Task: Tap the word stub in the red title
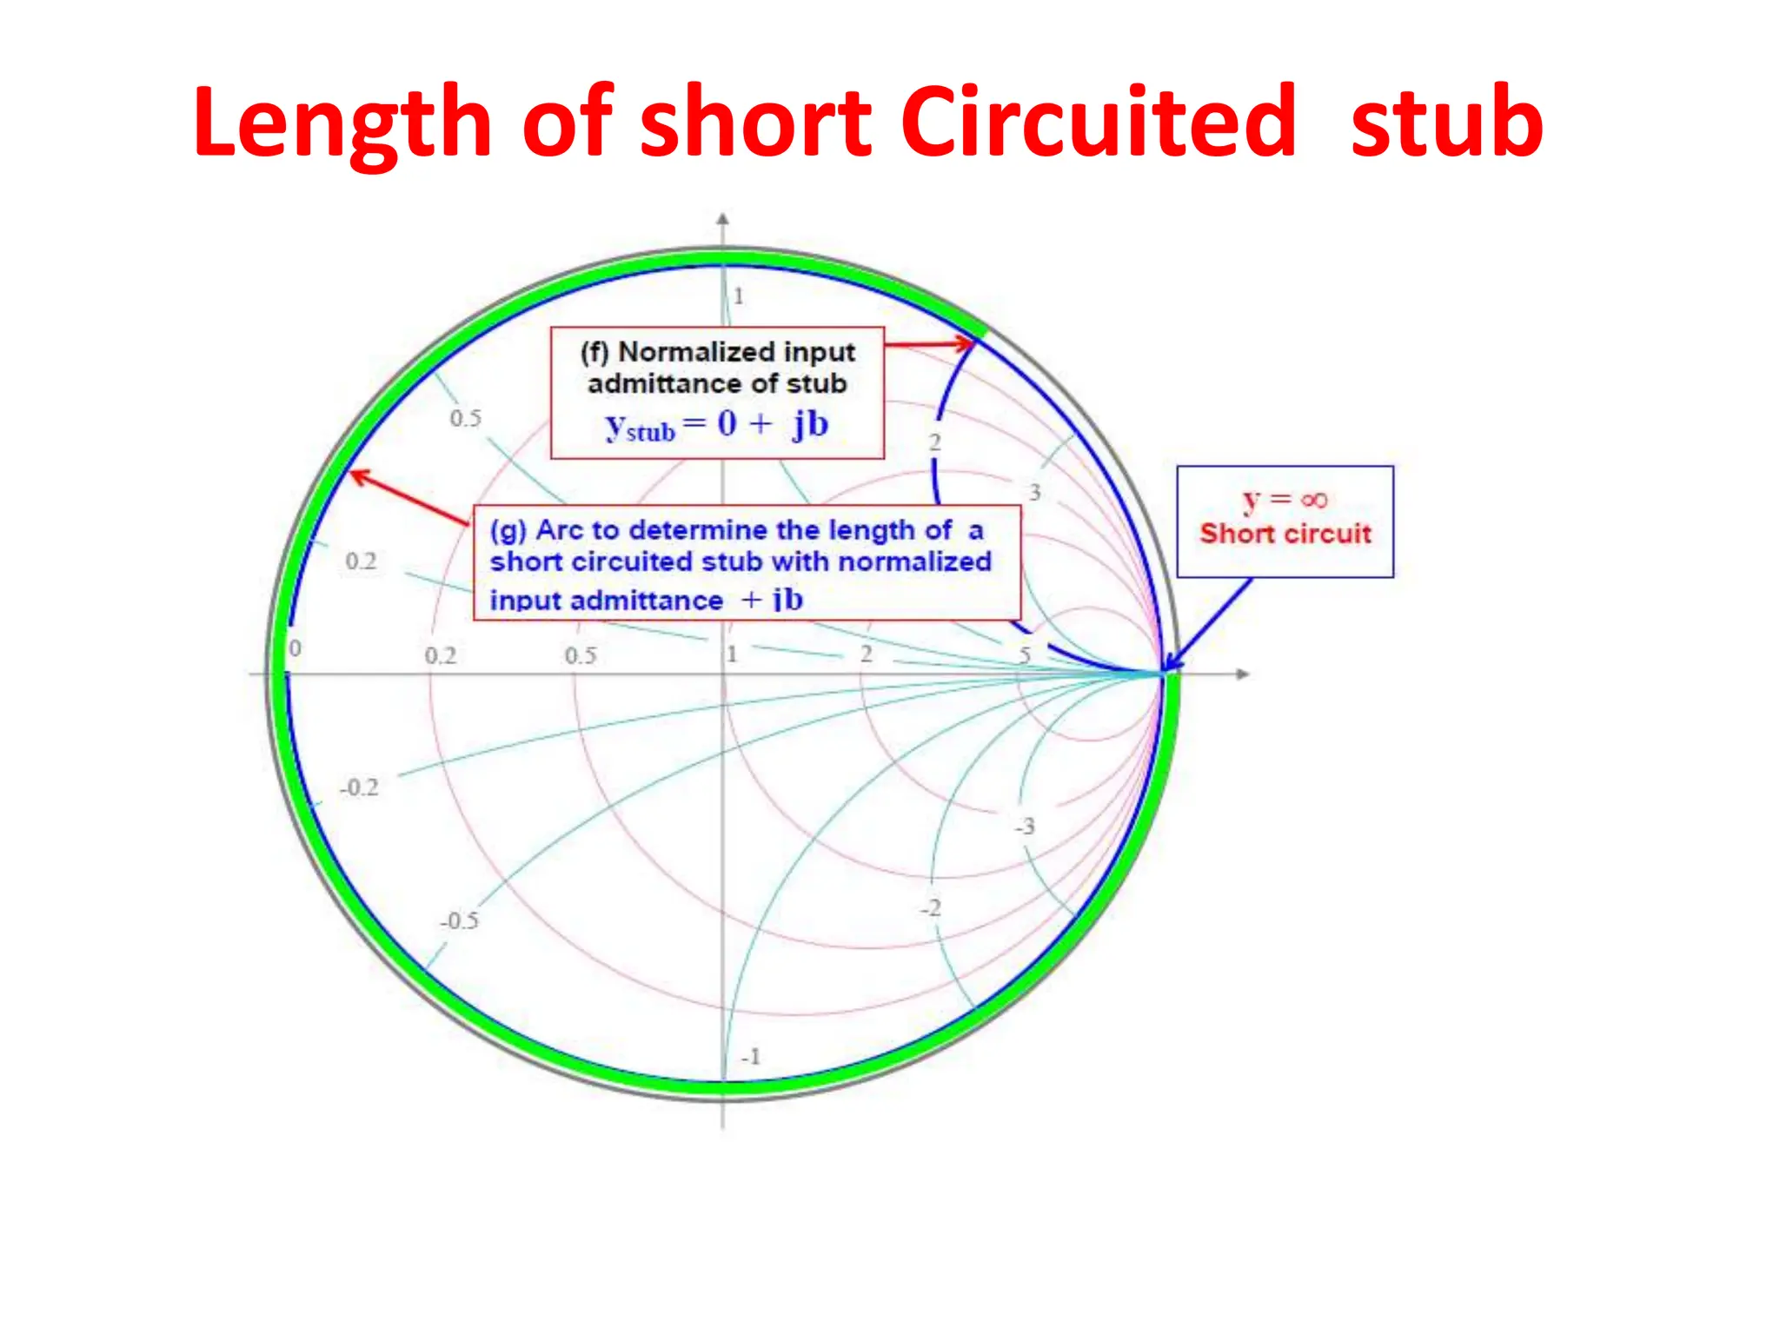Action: pos(1446,123)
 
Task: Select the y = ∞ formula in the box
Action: pos(1285,500)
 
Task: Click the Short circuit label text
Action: pos(1285,534)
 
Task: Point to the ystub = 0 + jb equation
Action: pos(717,425)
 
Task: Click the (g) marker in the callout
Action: pos(508,530)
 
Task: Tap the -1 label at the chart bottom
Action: pos(751,1057)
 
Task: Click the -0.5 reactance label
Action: pos(459,920)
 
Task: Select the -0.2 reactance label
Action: pos(359,787)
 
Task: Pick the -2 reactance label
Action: pos(931,908)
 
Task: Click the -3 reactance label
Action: pos(1026,826)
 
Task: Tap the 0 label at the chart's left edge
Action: pos(296,648)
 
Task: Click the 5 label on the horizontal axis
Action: pos(1026,654)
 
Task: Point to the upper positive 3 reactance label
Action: pos(1034,493)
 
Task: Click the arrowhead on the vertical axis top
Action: pos(722,219)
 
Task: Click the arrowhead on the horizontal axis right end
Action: pos(1244,674)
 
